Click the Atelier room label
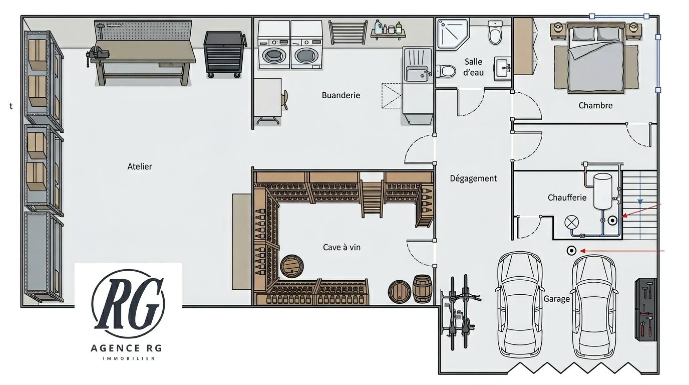tap(140, 166)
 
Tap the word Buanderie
tap(340, 95)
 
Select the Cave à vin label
tap(341, 247)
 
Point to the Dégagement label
tap(473, 178)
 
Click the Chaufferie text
tap(567, 198)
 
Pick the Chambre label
tap(595, 105)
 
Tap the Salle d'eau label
tap(473, 67)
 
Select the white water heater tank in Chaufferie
tap(602, 191)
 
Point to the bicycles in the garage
tap(460, 312)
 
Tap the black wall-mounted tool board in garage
tap(645, 309)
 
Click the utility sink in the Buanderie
tap(417, 75)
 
